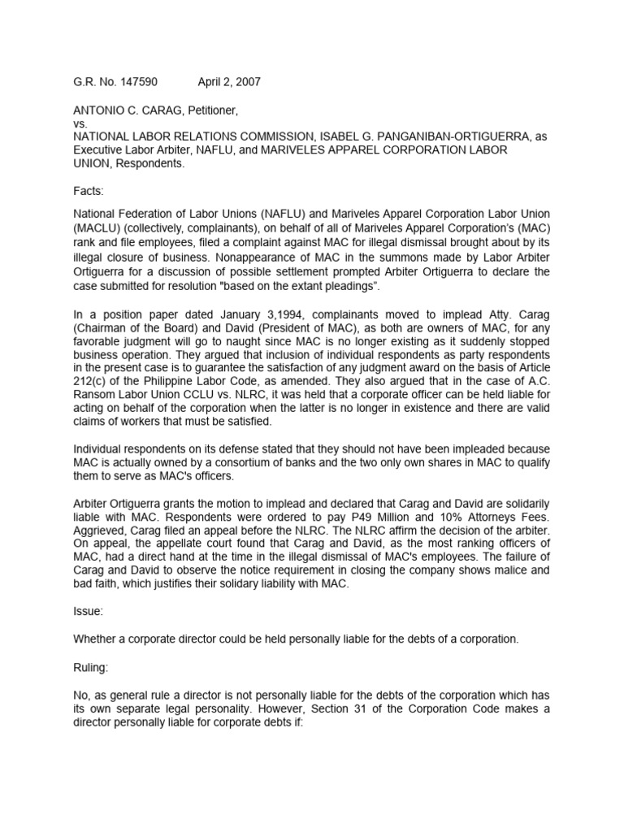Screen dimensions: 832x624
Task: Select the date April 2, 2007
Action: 229,82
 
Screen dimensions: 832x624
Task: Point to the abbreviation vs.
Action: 80,123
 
